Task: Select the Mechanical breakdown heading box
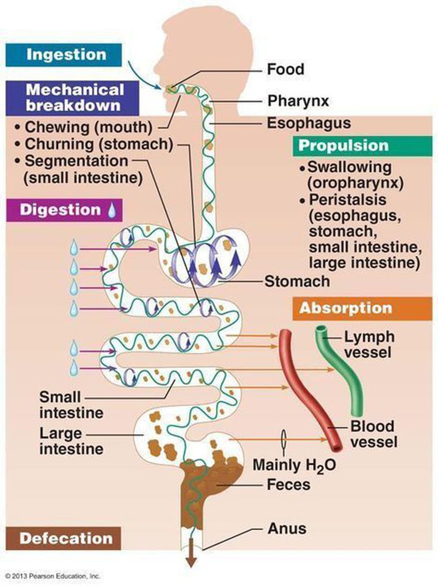pyautogui.click(x=75, y=97)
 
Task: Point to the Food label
pyautogui.click(x=285, y=69)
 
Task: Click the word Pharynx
pyautogui.click(x=298, y=101)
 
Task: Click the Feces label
pyautogui.click(x=289, y=484)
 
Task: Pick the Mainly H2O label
pyautogui.click(x=292, y=464)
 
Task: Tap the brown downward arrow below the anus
pyautogui.click(x=192, y=558)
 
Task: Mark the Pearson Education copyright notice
pyautogui.click(x=53, y=576)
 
